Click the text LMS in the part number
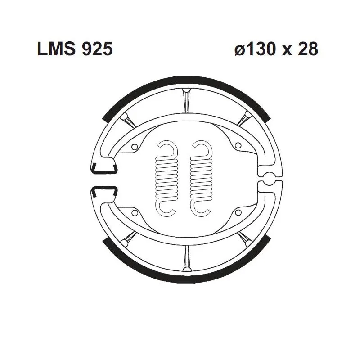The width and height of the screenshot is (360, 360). (x=57, y=49)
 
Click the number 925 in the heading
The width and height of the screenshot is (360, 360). (x=97, y=49)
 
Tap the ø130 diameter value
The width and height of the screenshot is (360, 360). (x=255, y=49)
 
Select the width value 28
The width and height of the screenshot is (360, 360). (x=308, y=49)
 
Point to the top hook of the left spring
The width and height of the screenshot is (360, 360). (x=168, y=148)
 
